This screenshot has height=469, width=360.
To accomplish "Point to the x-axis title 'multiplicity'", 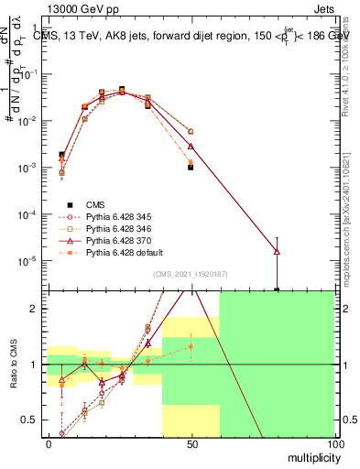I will click(311, 456).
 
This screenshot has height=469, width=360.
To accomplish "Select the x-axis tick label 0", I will click(48, 443).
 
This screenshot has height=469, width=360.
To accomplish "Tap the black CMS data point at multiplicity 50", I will click(191, 168).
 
